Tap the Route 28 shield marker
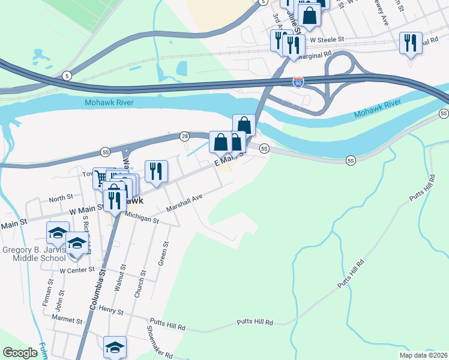(185, 136)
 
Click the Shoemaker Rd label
(159, 345)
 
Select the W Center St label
(77, 270)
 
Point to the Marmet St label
(67, 321)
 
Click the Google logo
(20, 352)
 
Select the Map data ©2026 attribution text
(423, 355)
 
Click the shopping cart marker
(100, 177)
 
